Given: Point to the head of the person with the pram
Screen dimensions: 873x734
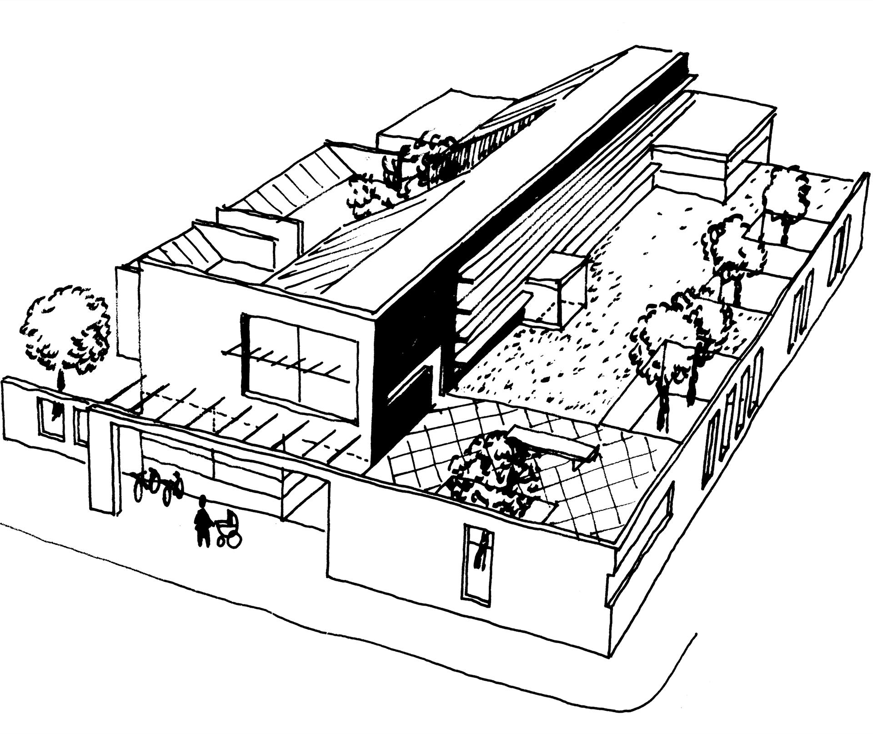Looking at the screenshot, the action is pyautogui.click(x=203, y=502).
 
